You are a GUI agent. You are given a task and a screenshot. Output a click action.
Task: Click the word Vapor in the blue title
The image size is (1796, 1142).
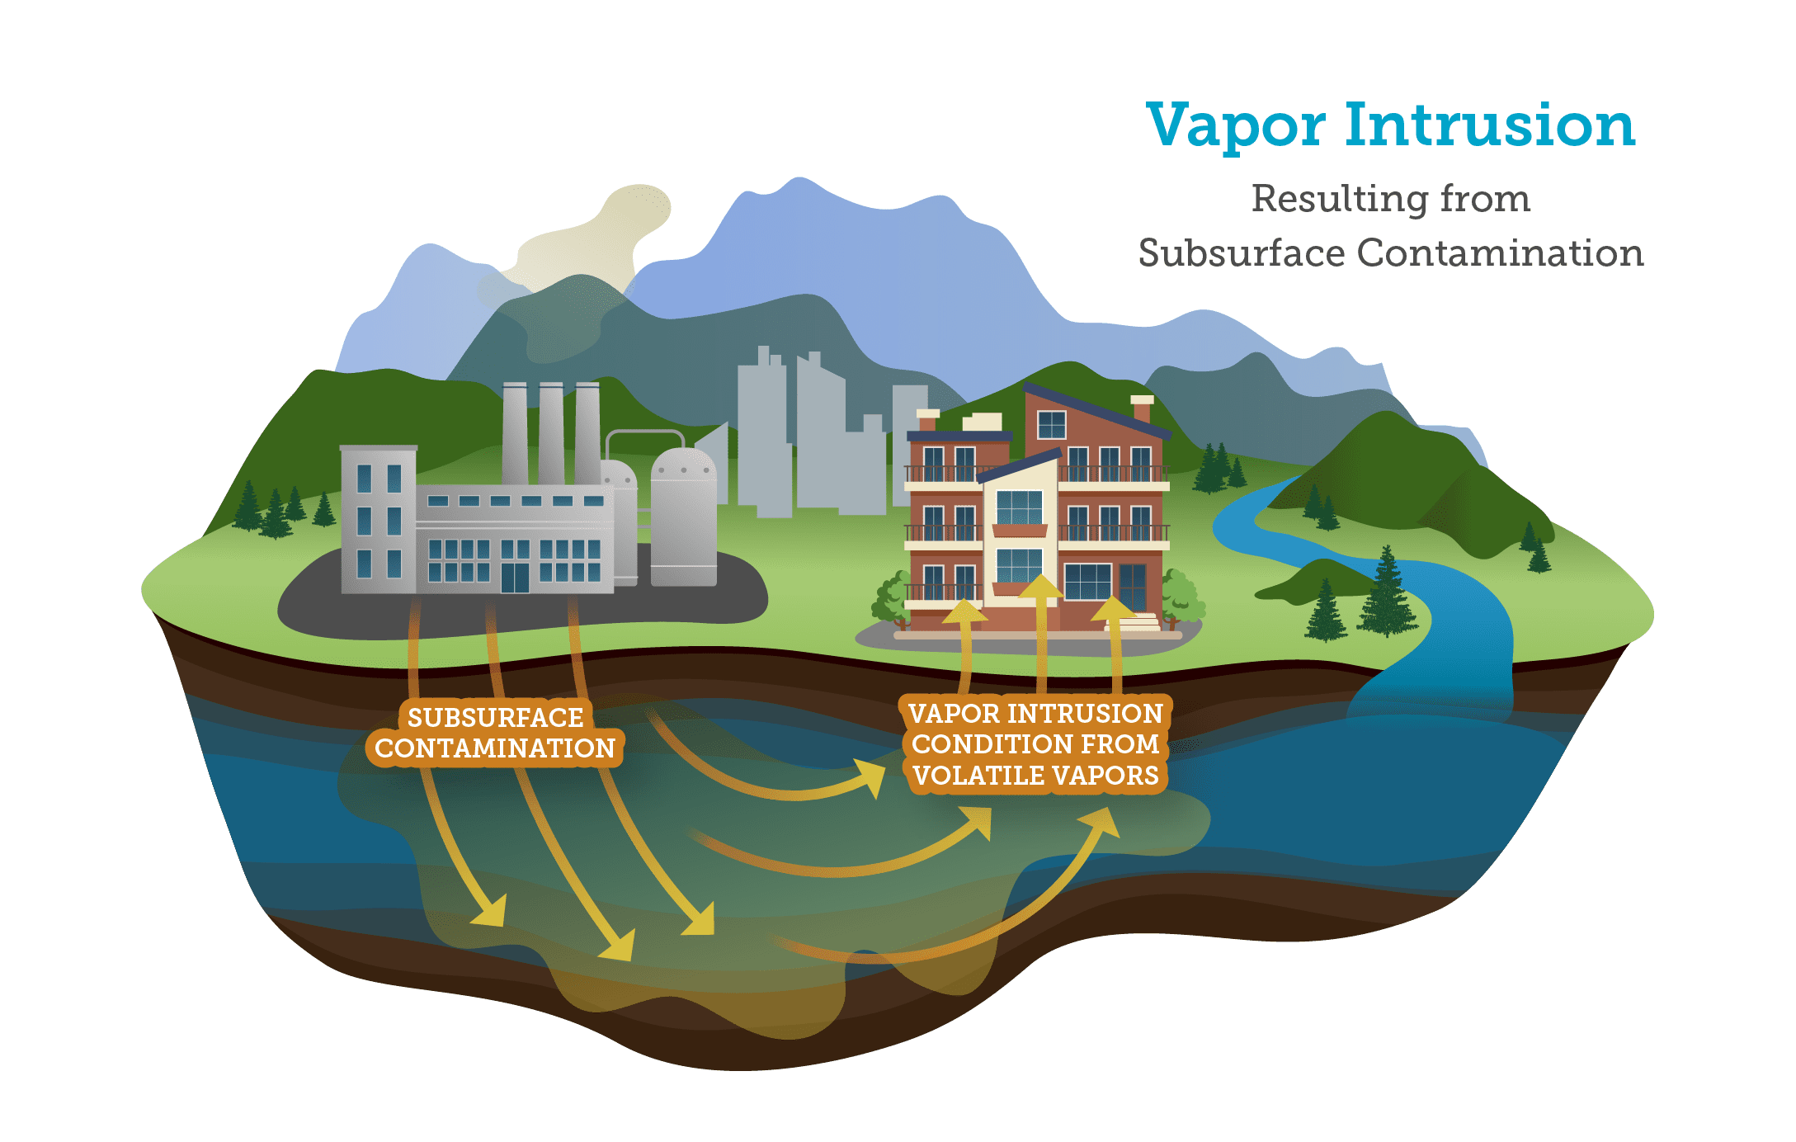click(x=1235, y=126)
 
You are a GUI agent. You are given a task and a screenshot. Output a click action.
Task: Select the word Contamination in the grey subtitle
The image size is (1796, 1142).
click(x=1500, y=252)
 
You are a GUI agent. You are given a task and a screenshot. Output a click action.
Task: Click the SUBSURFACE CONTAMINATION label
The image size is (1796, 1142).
click(x=495, y=733)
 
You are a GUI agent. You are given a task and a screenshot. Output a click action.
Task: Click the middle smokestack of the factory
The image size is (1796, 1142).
click(x=551, y=433)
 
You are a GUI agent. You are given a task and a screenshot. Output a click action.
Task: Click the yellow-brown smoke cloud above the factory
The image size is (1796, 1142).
click(x=594, y=239)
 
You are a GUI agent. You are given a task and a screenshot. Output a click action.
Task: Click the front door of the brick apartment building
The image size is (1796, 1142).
click(x=1133, y=586)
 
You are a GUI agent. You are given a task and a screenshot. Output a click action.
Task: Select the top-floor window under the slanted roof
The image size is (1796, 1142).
click(x=1052, y=425)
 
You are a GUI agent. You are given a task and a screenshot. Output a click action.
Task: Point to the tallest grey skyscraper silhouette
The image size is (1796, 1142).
click(x=764, y=429)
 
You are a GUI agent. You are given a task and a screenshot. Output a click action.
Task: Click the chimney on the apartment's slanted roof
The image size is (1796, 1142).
click(x=1143, y=408)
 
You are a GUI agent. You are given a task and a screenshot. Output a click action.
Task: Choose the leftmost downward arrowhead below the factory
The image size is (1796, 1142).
click(x=490, y=912)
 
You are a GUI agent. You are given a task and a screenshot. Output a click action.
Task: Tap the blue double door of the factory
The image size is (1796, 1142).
click(x=515, y=578)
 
